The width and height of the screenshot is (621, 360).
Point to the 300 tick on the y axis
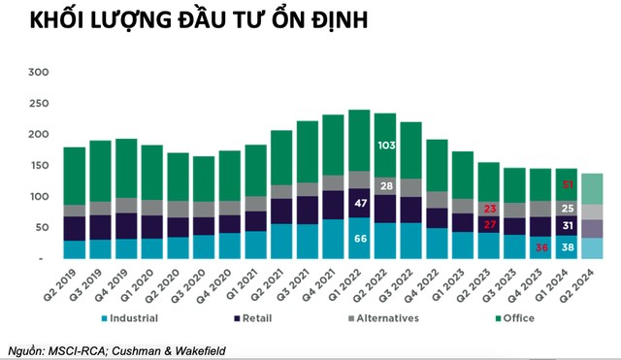point(38,73)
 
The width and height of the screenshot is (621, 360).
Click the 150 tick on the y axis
point(38,166)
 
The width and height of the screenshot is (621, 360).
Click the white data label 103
point(385,144)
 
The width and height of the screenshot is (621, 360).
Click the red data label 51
point(568,184)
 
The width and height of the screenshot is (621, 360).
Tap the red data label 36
point(540,247)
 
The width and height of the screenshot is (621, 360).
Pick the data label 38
point(568,247)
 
